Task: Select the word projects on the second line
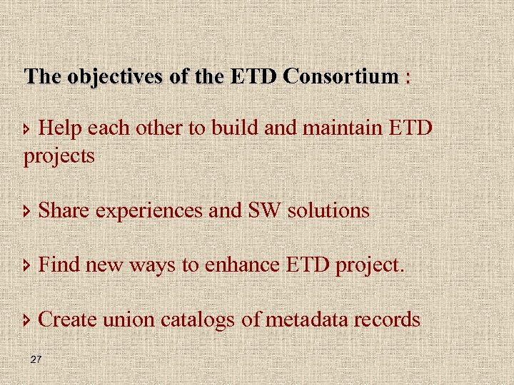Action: point(59,156)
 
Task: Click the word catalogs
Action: point(198,320)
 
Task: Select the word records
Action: point(390,319)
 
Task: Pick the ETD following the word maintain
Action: point(410,128)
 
